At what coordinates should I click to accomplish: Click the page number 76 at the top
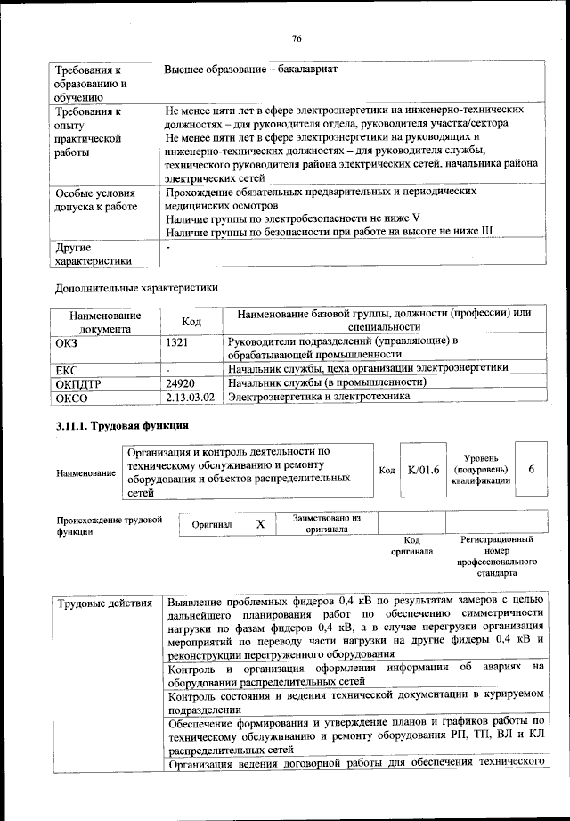click(x=297, y=37)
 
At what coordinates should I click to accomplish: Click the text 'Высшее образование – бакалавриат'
click(x=250, y=70)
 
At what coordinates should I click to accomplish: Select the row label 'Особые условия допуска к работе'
click(x=95, y=200)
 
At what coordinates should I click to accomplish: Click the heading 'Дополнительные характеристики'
click(x=135, y=288)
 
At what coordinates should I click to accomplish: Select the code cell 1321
click(x=180, y=341)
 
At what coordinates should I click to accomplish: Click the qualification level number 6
click(x=531, y=470)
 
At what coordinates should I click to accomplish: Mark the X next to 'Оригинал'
click(x=260, y=524)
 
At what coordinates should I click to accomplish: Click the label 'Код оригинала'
click(x=411, y=546)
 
